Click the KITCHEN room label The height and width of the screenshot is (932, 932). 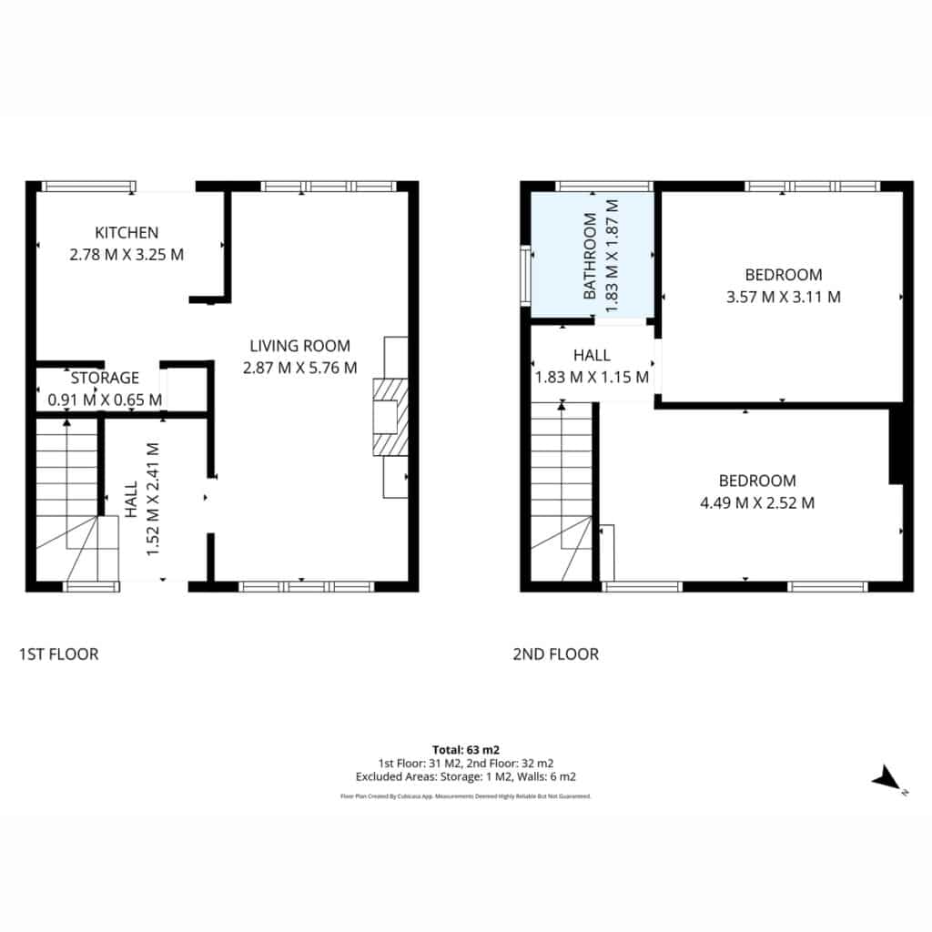[127, 232]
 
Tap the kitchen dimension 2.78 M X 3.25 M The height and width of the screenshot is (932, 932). [127, 255]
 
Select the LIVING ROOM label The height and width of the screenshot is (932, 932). [299, 345]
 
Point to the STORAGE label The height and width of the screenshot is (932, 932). [105, 378]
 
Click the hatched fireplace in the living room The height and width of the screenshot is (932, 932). [390, 417]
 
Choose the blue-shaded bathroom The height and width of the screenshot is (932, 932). [592, 255]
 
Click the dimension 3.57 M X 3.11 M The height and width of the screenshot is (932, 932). [784, 297]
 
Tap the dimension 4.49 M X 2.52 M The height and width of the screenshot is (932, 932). [757, 502]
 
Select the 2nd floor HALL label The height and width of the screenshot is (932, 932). [592, 355]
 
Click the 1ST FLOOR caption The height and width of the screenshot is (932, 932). [59, 653]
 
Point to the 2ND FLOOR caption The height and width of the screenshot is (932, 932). [556, 653]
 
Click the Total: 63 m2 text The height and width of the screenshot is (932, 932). [466, 750]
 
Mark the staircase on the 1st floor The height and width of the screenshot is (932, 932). [66, 500]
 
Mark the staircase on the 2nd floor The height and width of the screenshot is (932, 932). [562, 491]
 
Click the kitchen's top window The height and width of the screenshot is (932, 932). [88, 187]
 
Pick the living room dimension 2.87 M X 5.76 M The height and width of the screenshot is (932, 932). [299, 368]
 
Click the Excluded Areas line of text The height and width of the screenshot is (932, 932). [466, 776]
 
